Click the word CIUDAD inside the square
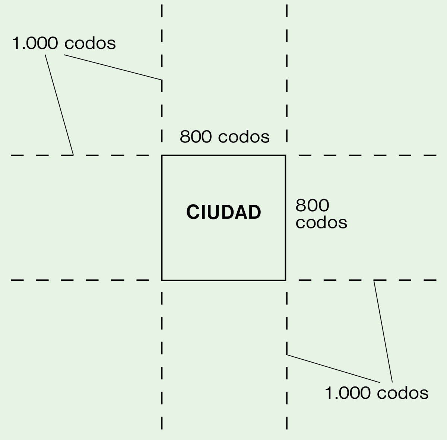(x=223, y=212)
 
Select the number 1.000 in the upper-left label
(x=35, y=43)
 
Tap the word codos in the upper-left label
(x=90, y=43)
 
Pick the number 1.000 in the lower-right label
(x=348, y=393)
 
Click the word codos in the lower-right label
(x=403, y=393)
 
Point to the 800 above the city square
(x=196, y=137)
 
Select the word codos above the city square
(x=244, y=137)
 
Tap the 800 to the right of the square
(x=312, y=205)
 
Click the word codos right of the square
(x=321, y=222)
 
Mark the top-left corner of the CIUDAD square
(x=162, y=155)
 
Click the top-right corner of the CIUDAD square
(x=286, y=155)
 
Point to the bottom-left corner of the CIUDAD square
(x=162, y=280)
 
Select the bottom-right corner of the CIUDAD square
(x=286, y=280)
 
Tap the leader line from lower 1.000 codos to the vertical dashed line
(x=333, y=369)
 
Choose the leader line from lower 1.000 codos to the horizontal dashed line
(x=383, y=331)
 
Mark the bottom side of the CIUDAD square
(x=223, y=280)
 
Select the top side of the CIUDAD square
(x=223, y=155)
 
